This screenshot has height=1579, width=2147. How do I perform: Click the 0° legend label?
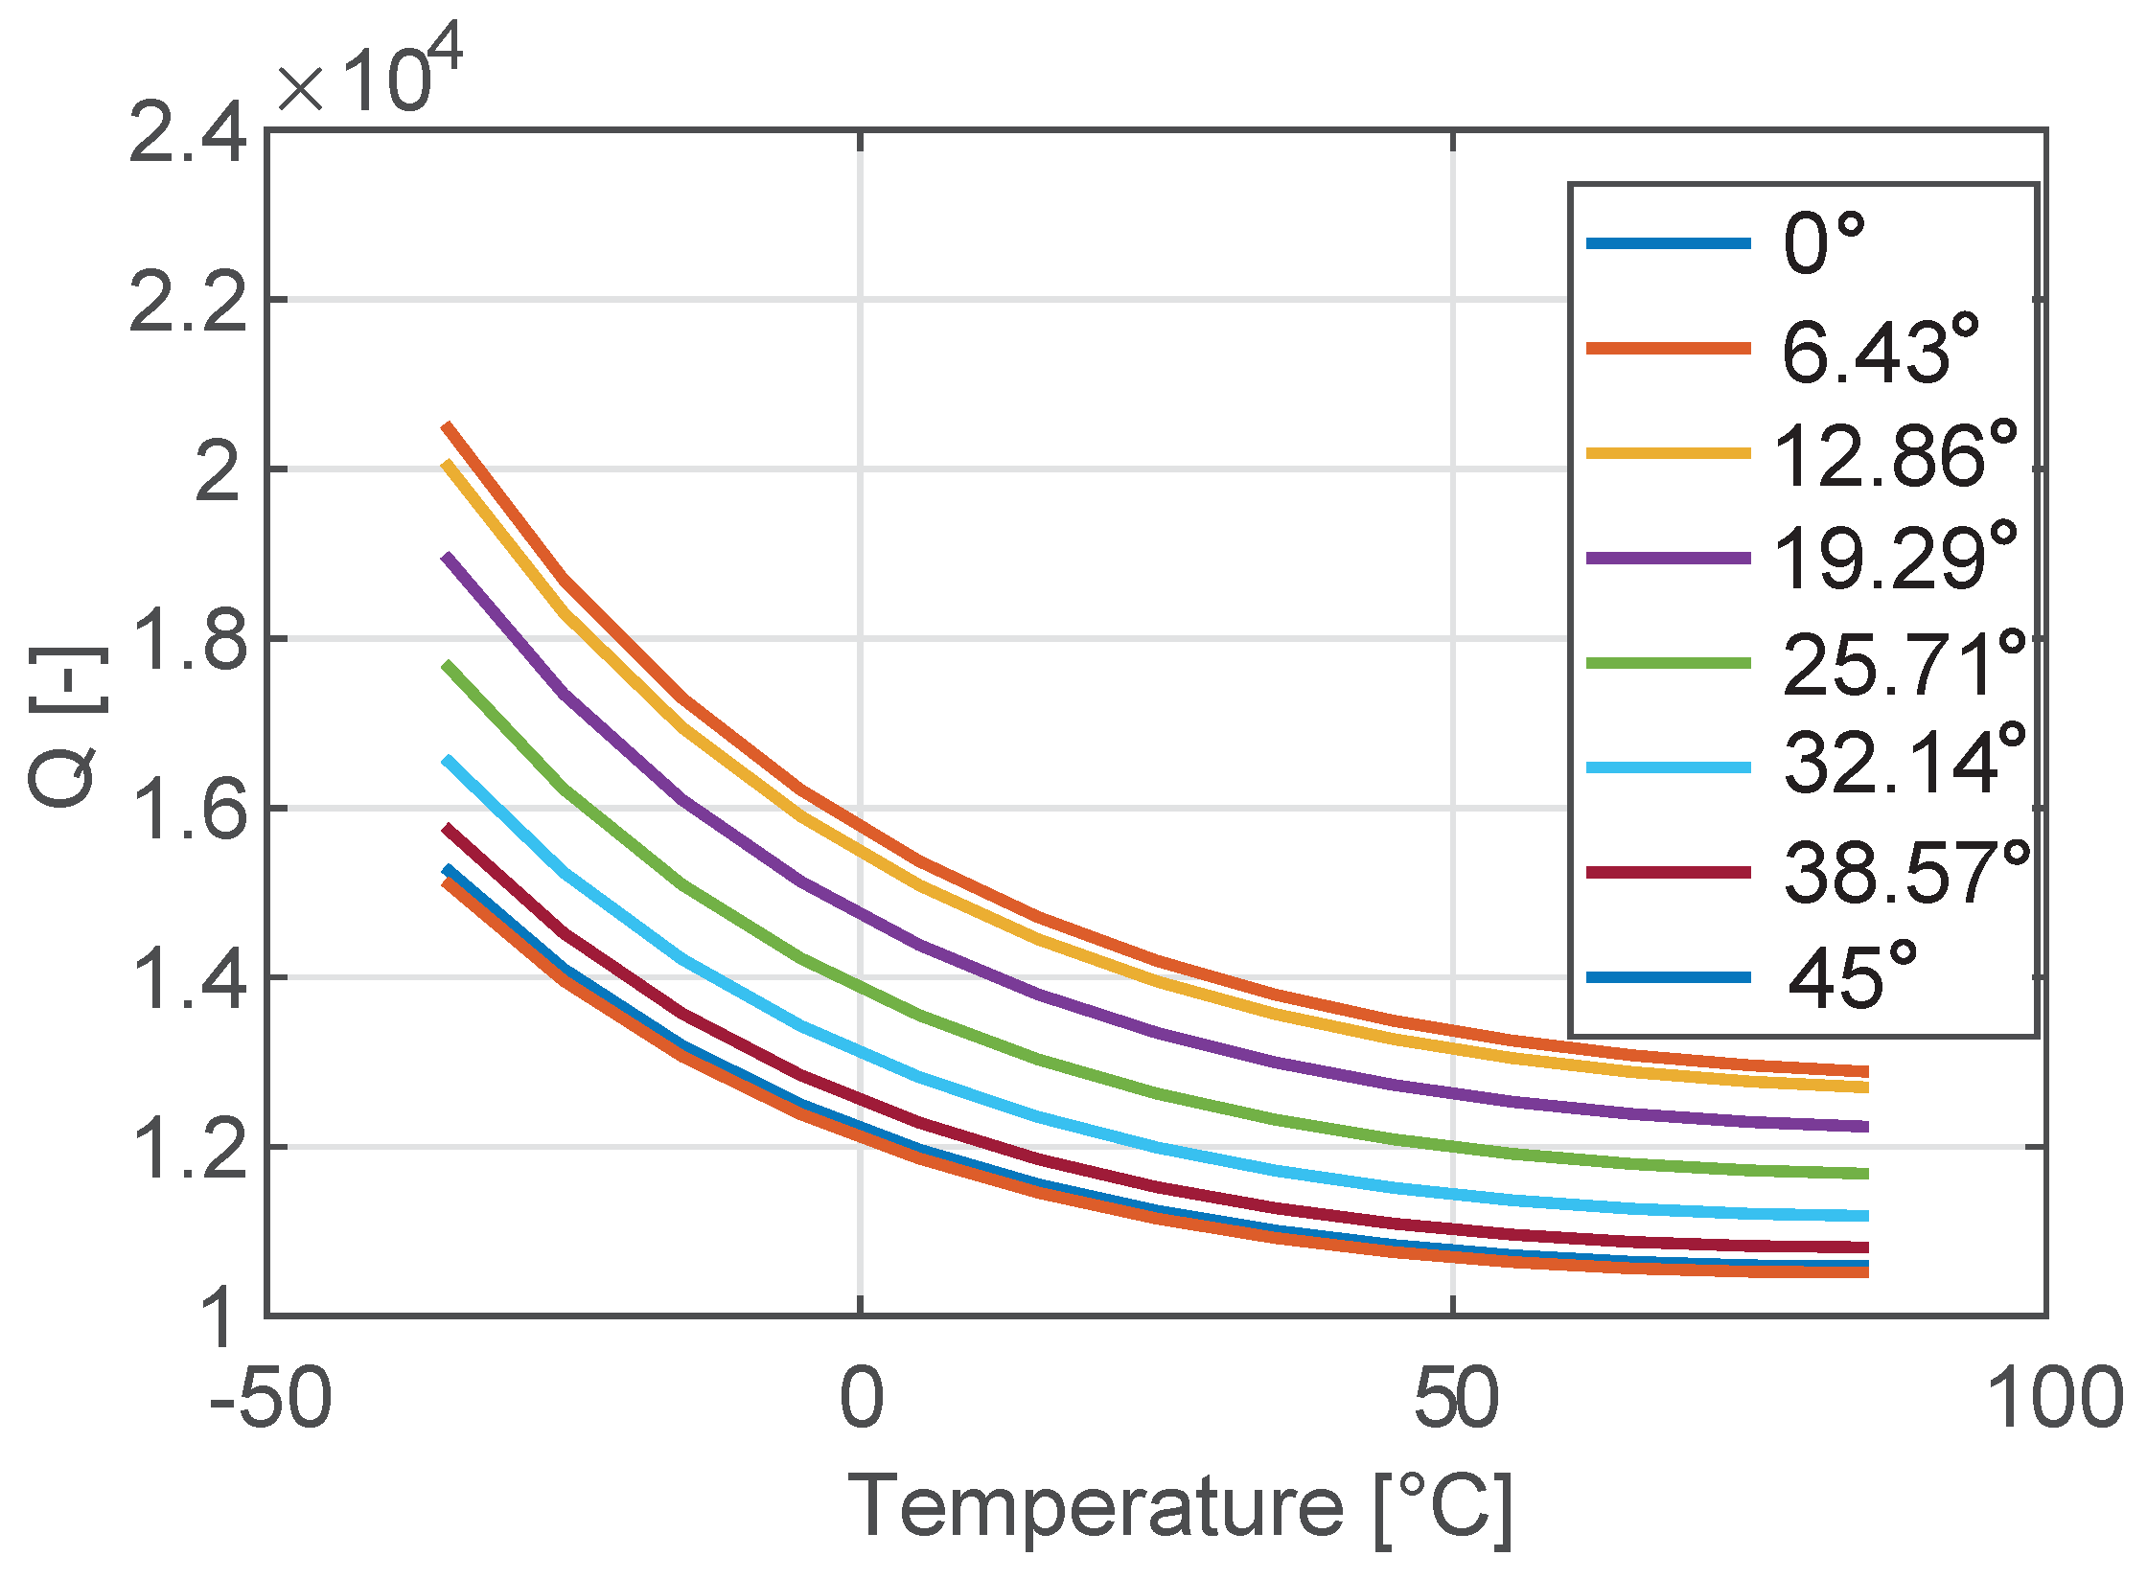tap(1823, 244)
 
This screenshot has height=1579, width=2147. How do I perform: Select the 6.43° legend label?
tap(1880, 350)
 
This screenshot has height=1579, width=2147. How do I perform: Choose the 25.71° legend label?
tap(1903, 663)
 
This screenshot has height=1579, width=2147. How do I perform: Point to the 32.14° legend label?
tap(1903, 767)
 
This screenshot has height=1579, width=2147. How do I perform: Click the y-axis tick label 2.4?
tap(188, 135)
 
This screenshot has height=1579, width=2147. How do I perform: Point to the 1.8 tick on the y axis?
tap(188, 640)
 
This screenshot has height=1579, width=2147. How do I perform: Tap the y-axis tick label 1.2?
tap(188, 1148)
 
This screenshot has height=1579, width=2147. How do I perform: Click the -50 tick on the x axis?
tap(270, 1400)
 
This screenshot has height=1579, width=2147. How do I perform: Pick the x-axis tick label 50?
tap(1455, 1400)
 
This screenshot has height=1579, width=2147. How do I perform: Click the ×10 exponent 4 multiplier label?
tap(369, 72)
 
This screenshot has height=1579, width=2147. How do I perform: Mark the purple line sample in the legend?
tap(1669, 558)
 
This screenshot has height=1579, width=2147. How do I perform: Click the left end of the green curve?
tap(447, 665)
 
